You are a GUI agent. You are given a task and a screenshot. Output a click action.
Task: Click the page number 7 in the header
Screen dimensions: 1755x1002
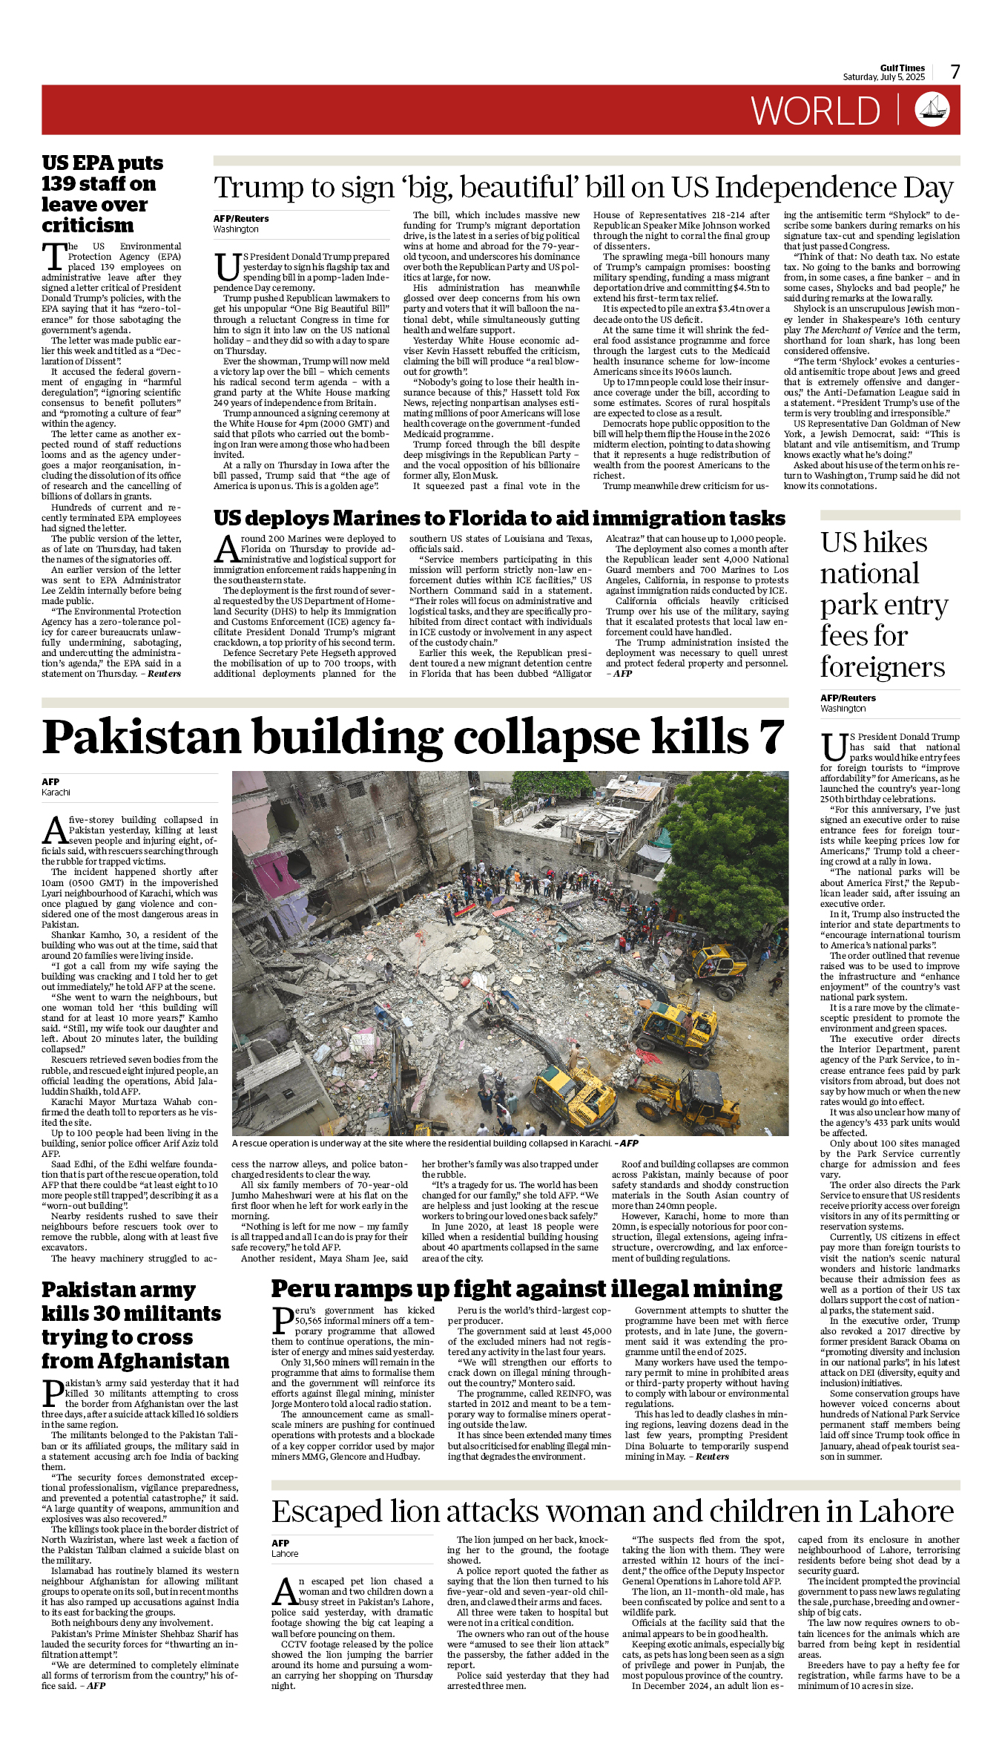[955, 72]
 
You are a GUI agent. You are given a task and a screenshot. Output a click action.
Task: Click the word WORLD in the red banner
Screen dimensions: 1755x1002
[815, 111]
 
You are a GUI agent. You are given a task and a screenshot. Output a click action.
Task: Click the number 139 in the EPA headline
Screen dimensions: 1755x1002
[64, 184]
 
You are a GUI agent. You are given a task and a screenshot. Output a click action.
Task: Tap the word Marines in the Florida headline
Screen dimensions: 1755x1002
[386, 518]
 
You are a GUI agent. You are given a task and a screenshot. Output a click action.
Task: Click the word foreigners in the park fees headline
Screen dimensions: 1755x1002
[882, 667]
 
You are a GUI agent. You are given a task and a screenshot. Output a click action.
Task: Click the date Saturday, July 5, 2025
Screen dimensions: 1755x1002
[883, 77]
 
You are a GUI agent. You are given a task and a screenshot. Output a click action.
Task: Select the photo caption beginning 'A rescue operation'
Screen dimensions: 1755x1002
[435, 1144]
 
